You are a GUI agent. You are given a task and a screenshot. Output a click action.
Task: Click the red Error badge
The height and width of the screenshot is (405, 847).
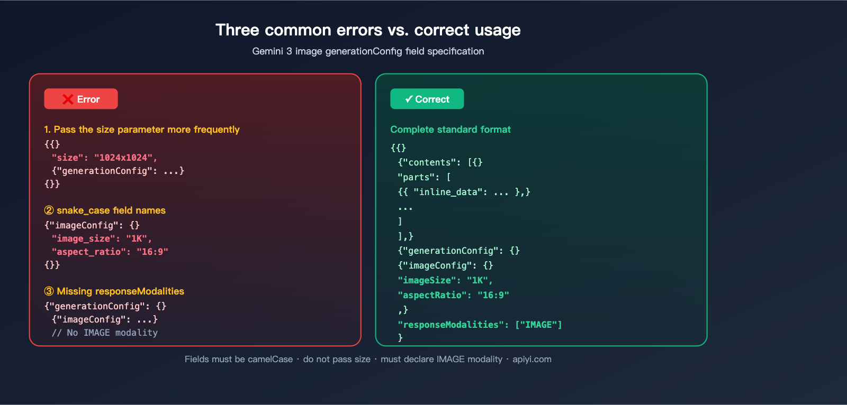[x=81, y=99]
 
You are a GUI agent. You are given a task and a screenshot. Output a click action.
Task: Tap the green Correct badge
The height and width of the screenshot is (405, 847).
[x=427, y=99]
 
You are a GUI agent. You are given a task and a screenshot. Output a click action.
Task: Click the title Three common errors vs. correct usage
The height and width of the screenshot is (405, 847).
[x=368, y=30]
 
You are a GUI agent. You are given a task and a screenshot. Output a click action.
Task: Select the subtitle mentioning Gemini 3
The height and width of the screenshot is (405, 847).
[x=368, y=51]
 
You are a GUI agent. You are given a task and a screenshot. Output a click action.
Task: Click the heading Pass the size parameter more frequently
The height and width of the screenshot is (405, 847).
[x=142, y=130]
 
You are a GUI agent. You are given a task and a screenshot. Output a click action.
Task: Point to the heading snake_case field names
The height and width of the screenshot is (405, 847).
[x=105, y=210]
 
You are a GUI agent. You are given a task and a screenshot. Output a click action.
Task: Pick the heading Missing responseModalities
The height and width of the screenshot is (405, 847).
[x=114, y=291]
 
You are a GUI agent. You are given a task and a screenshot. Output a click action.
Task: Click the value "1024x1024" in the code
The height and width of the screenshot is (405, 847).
[x=123, y=158]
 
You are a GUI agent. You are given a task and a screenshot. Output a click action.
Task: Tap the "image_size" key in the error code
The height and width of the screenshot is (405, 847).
[x=83, y=238]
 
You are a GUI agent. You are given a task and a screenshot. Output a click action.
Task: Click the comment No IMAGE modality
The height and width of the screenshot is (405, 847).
[x=105, y=333]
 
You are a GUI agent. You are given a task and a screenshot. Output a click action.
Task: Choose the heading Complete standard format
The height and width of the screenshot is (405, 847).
[x=450, y=130]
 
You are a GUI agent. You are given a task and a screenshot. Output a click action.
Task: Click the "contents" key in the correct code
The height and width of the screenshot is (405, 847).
[x=429, y=162]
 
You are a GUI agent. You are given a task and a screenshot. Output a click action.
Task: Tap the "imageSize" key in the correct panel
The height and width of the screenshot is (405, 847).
[x=427, y=280]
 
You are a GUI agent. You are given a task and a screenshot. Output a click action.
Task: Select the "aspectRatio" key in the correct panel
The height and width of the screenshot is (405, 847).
[x=432, y=295]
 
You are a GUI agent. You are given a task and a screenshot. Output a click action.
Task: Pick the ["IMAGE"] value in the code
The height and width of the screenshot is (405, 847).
[x=538, y=325]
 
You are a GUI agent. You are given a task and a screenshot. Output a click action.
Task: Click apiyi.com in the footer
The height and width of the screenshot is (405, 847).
[x=532, y=360]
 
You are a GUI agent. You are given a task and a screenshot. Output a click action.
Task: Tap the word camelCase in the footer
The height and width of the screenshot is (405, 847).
[x=270, y=360]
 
